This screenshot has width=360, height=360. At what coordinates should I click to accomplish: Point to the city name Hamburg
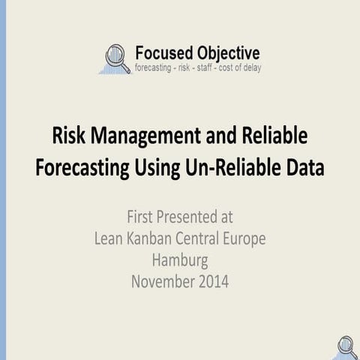pos(180,261)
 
